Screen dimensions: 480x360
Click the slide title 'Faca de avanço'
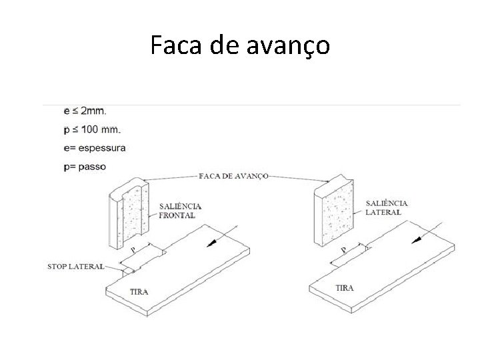point(239,45)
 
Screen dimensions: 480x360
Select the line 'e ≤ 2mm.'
point(85,110)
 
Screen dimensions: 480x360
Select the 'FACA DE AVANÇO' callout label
point(233,176)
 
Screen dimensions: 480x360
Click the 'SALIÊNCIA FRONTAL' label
point(177,211)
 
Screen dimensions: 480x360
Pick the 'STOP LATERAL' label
point(75,267)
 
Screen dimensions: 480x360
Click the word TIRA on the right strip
point(345,288)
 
